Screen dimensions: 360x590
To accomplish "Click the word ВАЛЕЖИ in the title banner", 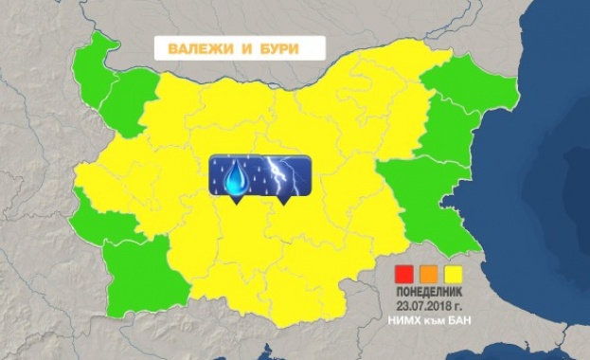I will (x=189, y=50).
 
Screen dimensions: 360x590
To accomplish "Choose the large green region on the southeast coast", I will (x=426, y=204).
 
